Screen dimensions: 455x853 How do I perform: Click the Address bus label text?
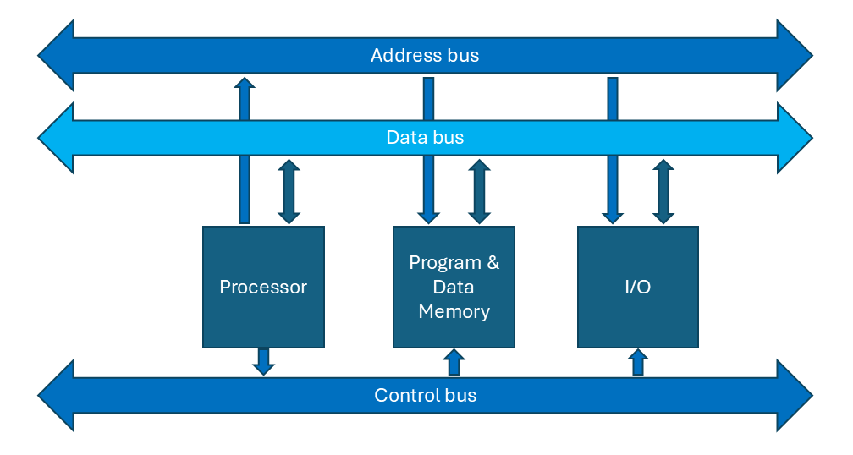[425, 56]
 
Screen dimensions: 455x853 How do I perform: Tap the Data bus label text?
[425, 137]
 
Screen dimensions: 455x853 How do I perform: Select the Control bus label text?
[425, 395]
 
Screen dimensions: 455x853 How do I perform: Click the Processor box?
[263, 287]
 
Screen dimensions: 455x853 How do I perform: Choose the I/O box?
[637, 287]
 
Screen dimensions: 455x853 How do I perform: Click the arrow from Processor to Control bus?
[264, 361]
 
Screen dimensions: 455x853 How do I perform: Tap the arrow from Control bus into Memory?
[454, 362]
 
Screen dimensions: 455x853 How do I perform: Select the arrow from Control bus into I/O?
[637, 362]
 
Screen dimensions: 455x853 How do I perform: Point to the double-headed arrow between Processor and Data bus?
[289, 192]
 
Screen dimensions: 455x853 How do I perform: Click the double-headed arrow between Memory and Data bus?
[480, 192]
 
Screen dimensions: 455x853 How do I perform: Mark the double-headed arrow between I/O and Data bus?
[663, 192]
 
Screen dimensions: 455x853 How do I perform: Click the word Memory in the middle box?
[454, 311]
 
